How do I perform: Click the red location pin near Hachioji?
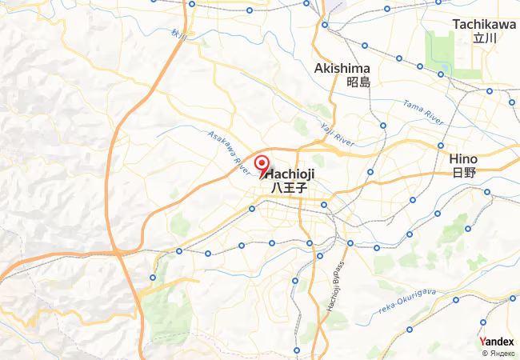(261, 165)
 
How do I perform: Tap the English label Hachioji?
(290, 174)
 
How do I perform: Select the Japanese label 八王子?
(289, 187)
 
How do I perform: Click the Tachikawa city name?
(484, 25)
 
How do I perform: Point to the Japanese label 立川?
(485, 38)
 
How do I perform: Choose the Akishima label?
(342, 68)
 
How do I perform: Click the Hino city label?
(463, 158)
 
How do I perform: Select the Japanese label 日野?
(463, 172)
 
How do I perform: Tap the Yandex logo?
(497, 341)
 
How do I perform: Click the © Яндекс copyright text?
(498, 353)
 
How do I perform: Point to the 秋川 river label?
(177, 35)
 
